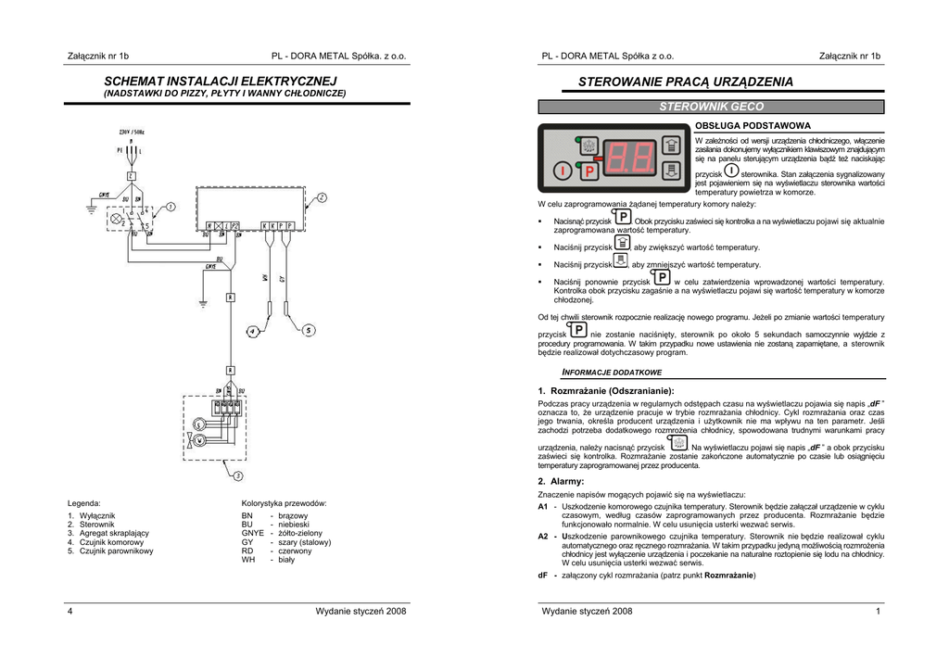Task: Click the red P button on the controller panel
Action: (x=588, y=171)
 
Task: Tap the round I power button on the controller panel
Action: (x=563, y=171)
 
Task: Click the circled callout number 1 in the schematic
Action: (x=171, y=208)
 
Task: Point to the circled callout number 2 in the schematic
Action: (x=322, y=197)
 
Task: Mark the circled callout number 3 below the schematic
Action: (x=237, y=476)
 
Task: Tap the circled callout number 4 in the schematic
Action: (x=252, y=331)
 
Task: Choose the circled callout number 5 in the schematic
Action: (x=308, y=330)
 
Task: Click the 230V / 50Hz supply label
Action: (x=132, y=133)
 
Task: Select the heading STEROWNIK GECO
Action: (x=711, y=108)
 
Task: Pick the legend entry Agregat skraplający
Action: (x=108, y=533)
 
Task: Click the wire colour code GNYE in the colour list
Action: (x=253, y=533)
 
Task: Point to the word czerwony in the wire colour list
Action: (x=296, y=551)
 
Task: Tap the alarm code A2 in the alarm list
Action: (x=544, y=536)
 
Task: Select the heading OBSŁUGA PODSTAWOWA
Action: (x=753, y=125)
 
